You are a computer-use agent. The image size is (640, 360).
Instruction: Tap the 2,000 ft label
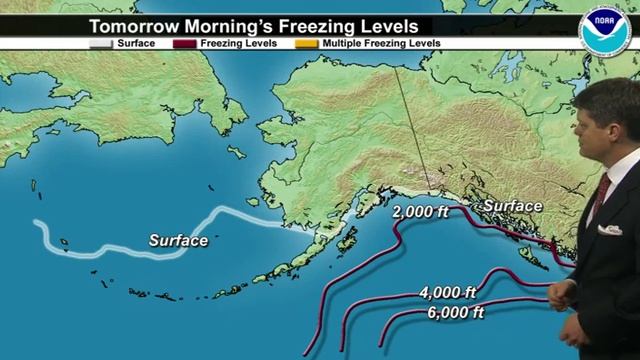pyautogui.click(x=423, y=212)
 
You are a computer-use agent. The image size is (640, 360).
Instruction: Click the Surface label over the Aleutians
pyautogui.click(x=178, y=241)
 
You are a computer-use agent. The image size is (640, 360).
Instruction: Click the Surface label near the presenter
pyautogui.click(x=512, y=207)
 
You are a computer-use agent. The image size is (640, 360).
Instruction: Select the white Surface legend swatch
pyautogui.click(x=101, y=45)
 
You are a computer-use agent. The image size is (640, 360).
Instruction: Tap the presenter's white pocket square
pyautogui.click(x=609, y=230)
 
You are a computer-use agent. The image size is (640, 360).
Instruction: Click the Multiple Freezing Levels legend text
pyautogui.click(x=380, y=45)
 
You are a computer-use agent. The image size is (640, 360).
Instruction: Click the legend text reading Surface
pyautogui.click(x=136, y=45)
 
